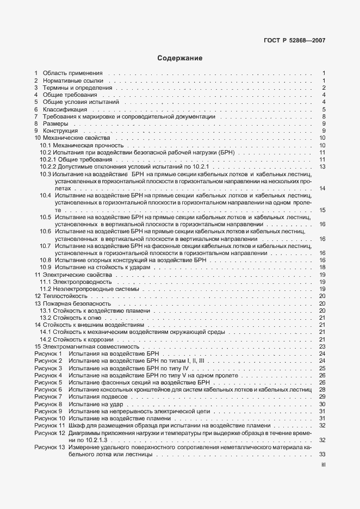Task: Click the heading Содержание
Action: (x=179, y=58)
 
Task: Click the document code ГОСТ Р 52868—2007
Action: (x=295, y=40)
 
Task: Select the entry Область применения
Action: (x=72, y=73)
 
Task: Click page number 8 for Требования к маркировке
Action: (x=323, y=116)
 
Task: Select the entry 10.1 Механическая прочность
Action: (x=82, y=146)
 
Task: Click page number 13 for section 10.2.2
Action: (x=322, y=166)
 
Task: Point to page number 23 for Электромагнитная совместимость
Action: (x=322, y=346)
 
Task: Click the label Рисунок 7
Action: (x=48, y=397)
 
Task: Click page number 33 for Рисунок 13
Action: (x=322, y=454)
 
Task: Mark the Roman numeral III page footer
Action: (x=323, y=465)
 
